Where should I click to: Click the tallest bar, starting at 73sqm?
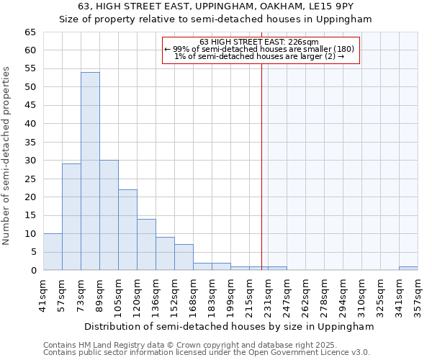click(90, 171)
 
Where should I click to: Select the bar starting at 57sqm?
click(71, 217)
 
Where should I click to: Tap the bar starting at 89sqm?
click(109, 215)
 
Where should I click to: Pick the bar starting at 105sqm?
click(127, 230)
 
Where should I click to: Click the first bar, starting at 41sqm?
click(53, 252)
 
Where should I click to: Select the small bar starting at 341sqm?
click(408, 269)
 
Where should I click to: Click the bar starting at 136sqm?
click(165, 253)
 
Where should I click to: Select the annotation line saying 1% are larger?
click(259, 56)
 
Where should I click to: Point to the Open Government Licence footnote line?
click(207, 352)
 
